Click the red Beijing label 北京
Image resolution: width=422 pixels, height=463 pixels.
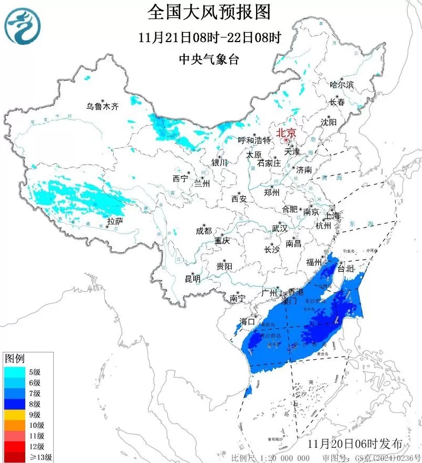click(286, 132)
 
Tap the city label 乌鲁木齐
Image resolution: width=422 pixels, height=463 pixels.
click(103, 106)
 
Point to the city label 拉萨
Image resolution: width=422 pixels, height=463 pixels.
click(115, 221)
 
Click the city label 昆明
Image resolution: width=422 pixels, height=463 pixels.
click(192, 279)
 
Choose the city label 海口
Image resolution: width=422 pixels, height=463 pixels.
click(247, 321)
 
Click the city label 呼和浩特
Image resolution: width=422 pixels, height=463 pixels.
click(254, 141)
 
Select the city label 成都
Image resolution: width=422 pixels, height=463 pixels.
click(203, 231)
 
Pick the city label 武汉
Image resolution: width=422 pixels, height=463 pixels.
click(279, 229)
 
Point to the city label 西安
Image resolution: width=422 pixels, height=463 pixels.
click(239, 199)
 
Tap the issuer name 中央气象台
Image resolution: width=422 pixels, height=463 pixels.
click(209, 60)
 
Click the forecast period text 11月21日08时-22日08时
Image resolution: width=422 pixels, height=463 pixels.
click(209, 37)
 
